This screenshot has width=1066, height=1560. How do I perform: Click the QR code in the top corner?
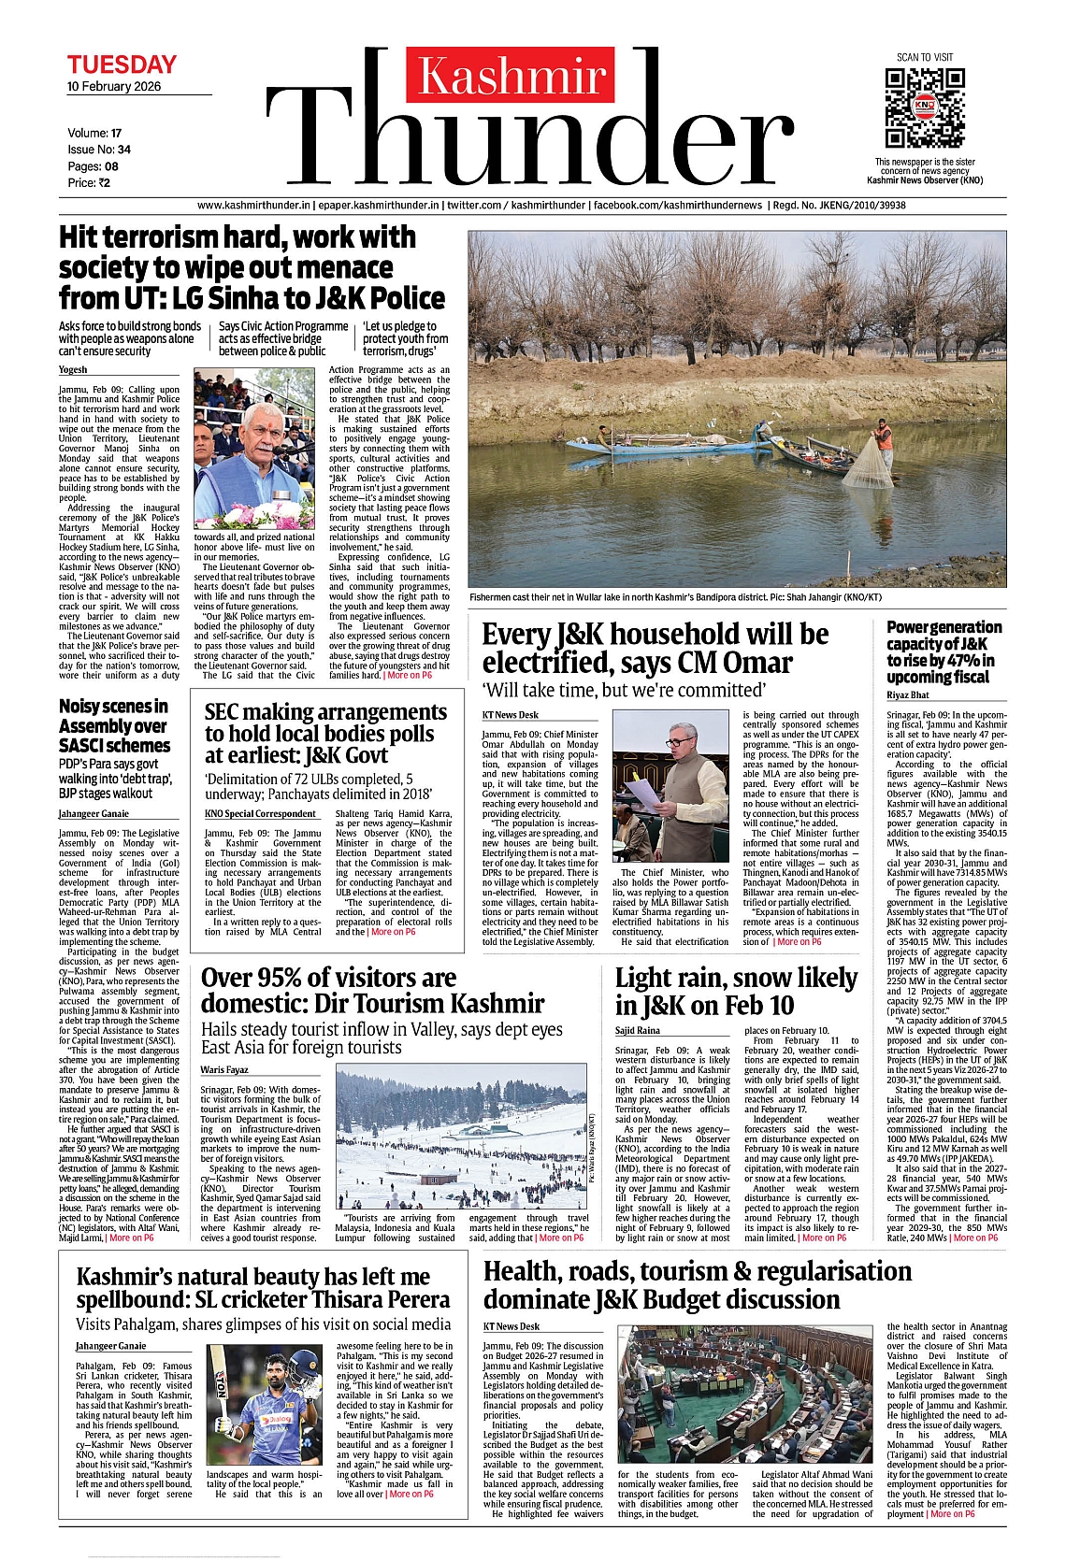pyautogui.click(x=924, y=107)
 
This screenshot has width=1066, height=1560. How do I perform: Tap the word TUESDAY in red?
pyautogui.click(x=122, y=64)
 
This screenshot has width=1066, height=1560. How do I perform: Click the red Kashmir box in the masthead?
pyautogui.click(x=511, y=75)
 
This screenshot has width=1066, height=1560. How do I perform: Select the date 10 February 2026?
pyautogui.click(x=114, y=87)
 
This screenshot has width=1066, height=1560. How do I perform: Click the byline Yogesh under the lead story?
pyautogui.click(x=73, y=370)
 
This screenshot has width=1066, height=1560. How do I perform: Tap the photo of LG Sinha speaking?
pyautogui.click(x=253, y=449)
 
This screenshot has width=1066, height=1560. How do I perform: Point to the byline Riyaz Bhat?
pyautogui.click(x=908, y=695)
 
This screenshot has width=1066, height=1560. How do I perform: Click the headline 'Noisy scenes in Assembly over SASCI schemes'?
pyautogui.click(x=114, y=725)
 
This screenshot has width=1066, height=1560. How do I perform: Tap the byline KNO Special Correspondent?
pyautogui.click(x=260, y=813)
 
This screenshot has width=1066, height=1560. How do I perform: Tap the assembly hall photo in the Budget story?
pyautogui.click(x=744, y=1395)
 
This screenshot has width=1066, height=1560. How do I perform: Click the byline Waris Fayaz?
pyautogui.click(x=224, y=1069)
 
